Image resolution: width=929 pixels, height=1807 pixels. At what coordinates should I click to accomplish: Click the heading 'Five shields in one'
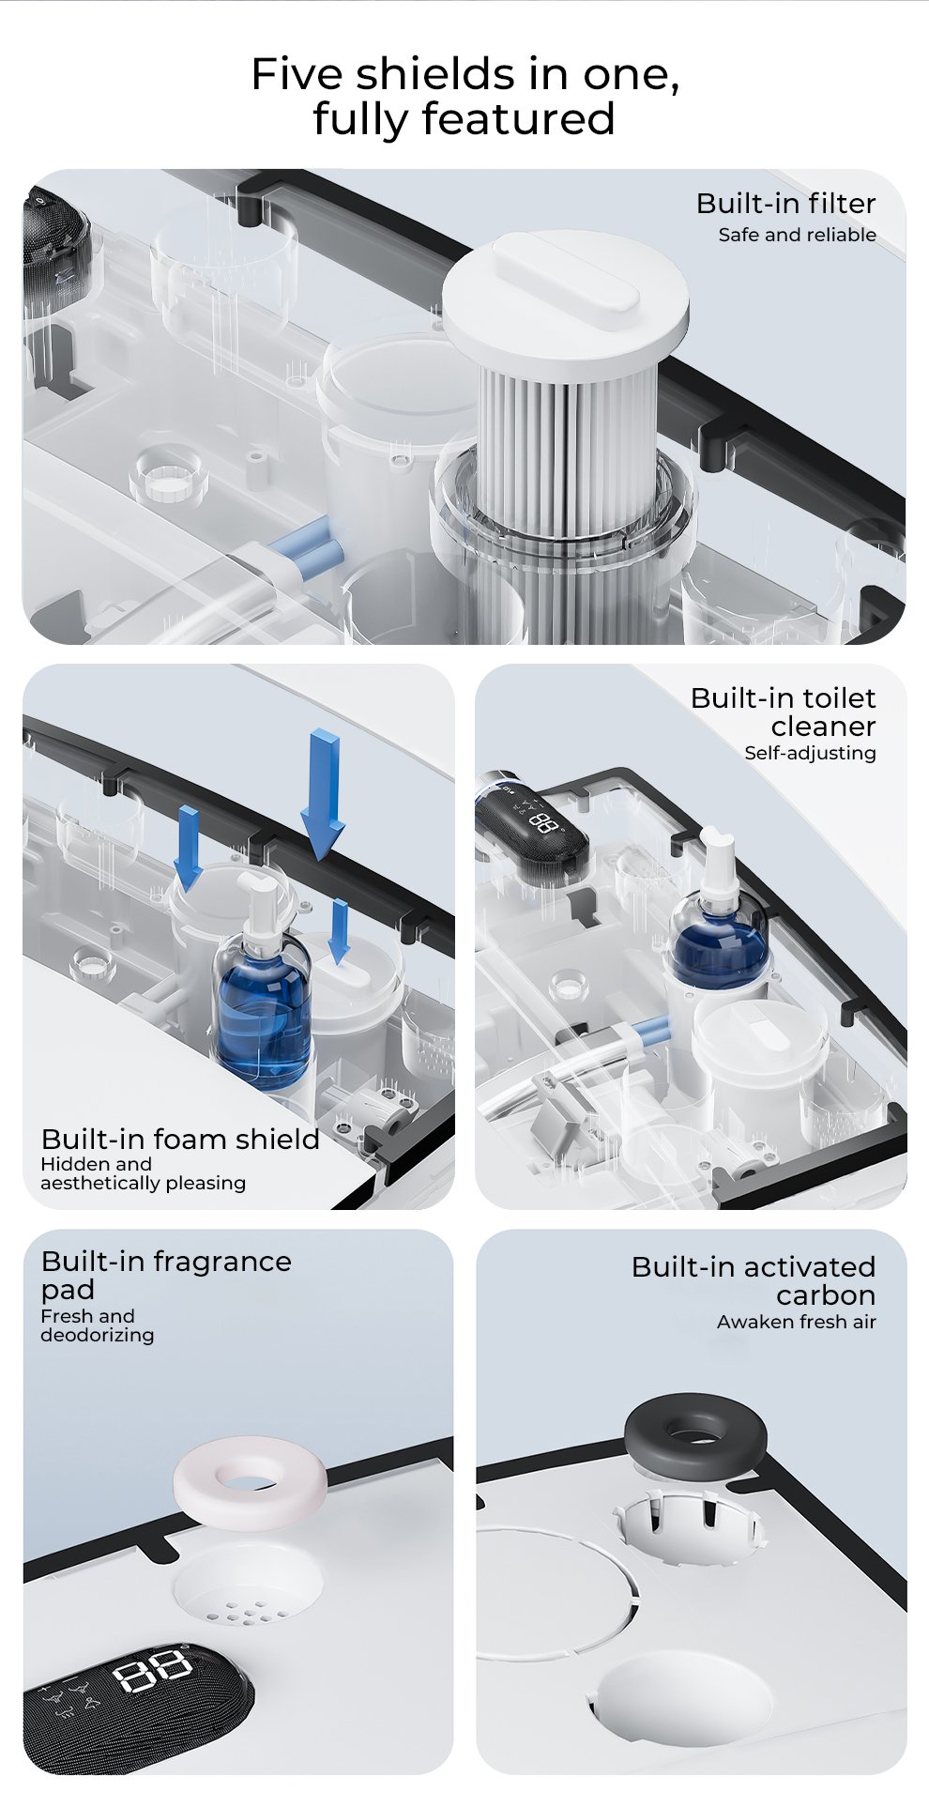(x=465, y=74)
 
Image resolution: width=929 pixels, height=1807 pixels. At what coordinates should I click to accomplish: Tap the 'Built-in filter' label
(x=785, y=204)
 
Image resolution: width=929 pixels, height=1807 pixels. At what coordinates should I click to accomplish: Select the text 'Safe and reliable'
(x=797, y=235)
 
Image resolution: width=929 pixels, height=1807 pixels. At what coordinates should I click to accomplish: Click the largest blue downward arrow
(x=323, y=794)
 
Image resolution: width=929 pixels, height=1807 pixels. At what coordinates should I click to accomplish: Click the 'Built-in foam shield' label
(x=180, y=1139)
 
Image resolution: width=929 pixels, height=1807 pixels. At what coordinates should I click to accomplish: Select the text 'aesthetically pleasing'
(x=143, y=1184)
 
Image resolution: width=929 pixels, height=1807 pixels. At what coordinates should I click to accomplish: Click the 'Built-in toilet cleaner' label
(x=783, y=712)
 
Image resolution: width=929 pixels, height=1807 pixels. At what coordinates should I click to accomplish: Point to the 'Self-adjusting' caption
(x=810, y=753)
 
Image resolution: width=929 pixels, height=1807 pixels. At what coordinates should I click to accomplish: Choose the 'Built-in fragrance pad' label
(x=166, y=1275)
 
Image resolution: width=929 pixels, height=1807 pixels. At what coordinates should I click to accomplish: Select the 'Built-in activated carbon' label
(x=754, y=1280)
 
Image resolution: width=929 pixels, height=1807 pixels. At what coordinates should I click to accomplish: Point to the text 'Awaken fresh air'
(x=797, y=1322)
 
